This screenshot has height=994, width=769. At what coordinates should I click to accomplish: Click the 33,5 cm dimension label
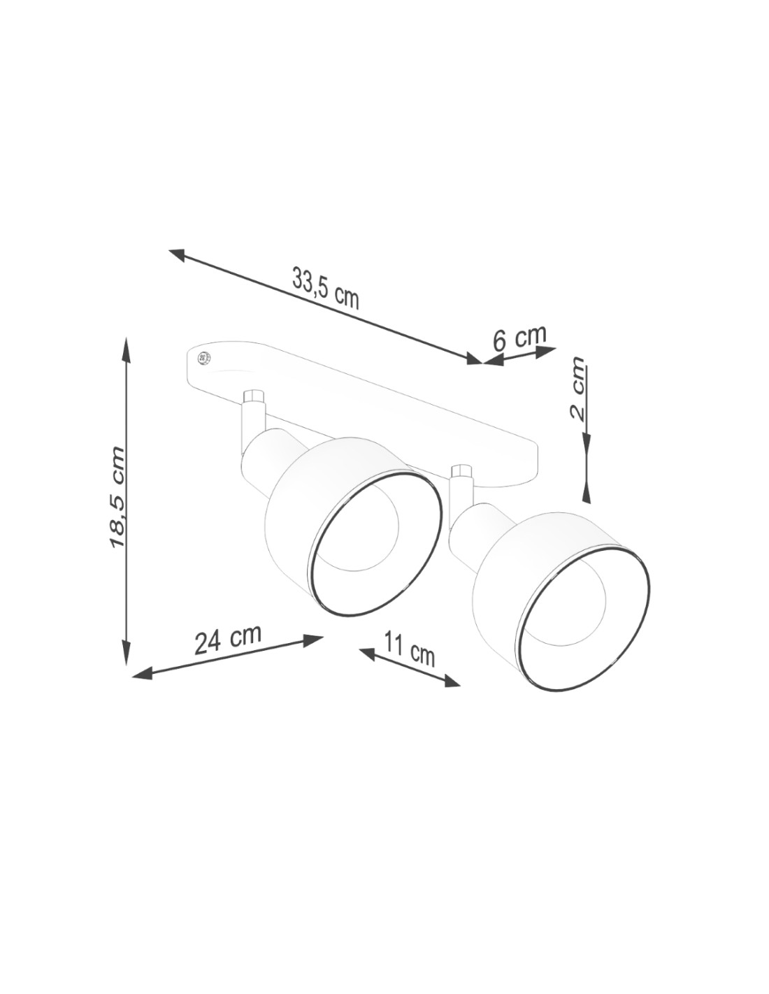(325, 292)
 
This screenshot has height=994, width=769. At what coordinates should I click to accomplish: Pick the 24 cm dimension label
(228, 639)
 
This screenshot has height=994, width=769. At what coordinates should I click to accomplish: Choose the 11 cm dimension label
(409, 648)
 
